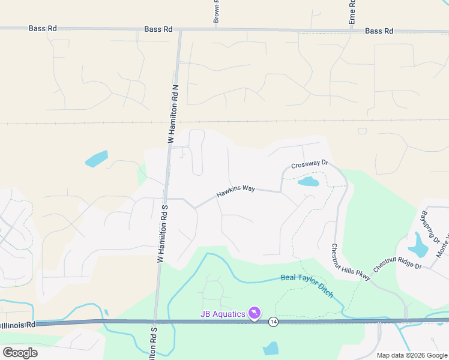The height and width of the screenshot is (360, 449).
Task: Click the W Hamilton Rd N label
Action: click(173, 113)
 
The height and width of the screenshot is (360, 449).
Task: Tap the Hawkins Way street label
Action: click(236, 191)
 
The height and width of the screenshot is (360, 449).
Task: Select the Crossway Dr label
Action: click(310, 164)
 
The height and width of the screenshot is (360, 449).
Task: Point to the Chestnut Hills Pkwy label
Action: click(344, 260)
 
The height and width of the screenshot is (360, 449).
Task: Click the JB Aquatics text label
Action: click(223, 314)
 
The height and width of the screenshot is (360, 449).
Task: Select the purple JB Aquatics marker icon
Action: click(255, 314)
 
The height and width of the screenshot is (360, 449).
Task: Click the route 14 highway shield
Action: click(273, 322)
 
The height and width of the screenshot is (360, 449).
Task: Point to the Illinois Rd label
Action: click(18, 325)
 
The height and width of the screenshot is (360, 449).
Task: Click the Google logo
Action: click(20, 352)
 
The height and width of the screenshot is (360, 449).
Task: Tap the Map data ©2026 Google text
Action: click(412, 355)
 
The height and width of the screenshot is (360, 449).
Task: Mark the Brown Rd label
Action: click(215, 11)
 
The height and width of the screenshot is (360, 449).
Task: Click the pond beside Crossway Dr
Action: click(308, 181)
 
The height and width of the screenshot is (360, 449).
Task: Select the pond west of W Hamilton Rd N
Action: click(97, 159)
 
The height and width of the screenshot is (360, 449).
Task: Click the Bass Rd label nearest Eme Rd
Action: click(379, 31)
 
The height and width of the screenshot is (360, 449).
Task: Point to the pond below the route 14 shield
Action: click(271, 349)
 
